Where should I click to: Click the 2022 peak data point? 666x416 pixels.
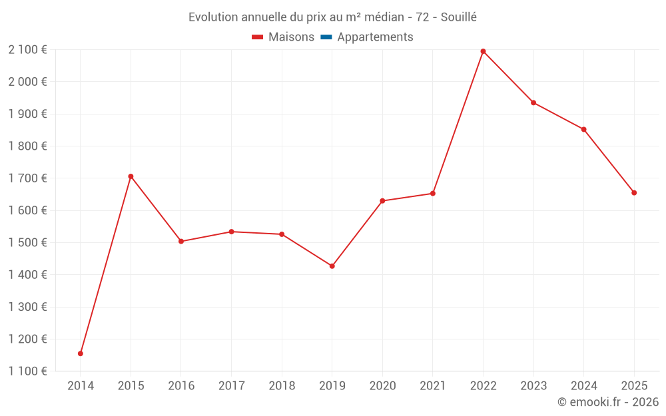pos(483,51)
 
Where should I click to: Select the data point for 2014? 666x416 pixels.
pos(81,353)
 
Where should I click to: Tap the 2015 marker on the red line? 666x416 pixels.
pos(131,176)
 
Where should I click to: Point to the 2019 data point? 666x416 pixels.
pos(332,266)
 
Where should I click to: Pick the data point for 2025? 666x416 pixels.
pos(634,193)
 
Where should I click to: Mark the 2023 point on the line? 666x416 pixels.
pos(533,103)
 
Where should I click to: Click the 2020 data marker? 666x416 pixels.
pos(382,201)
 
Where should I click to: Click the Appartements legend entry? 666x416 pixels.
pos(375,37)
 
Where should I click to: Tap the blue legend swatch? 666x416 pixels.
pos(326,37)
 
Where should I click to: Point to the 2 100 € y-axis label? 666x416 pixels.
pos(27,49)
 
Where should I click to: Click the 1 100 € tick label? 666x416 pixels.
pos(27,371)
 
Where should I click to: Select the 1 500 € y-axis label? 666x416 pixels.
pos(27,242)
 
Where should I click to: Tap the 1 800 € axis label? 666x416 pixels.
pos(27,146)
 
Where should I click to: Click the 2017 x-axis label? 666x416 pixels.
pos(231,385)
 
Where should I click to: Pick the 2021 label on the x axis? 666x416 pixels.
pos(433,385)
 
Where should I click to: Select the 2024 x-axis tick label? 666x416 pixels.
pos(583,385)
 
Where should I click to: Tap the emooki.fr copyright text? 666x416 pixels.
pos(608,402)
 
